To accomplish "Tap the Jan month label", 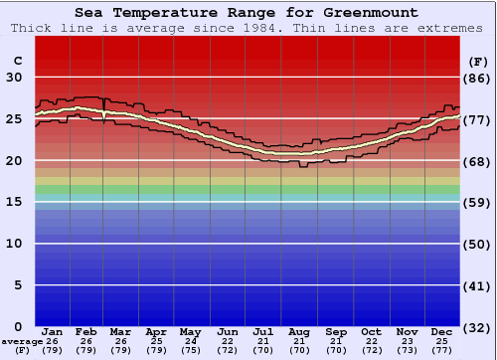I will coord(54,331).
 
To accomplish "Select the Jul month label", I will coord(262,331).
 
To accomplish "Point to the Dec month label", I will coord(442,331).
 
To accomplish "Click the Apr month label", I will coord(156,331).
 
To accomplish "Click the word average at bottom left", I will coord(22,341).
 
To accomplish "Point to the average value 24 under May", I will coord(191,341).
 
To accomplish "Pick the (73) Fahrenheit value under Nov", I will coord(407,350).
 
